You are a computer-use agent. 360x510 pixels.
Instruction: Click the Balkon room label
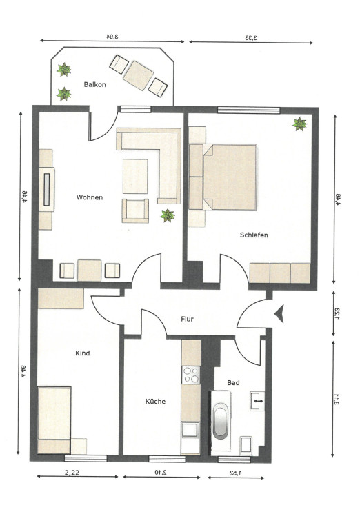[x=95, y=85]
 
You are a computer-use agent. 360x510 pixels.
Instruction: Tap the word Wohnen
[x=90, y=197]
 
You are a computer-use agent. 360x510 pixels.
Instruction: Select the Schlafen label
[x=254, y=235]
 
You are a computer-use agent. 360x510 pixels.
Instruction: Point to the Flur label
[x=187, y=319]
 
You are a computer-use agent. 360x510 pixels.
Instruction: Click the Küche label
[x=155, y=402]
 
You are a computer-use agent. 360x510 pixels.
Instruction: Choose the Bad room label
[x=233, y=383]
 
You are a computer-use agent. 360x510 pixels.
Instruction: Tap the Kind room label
[x=83, y=353]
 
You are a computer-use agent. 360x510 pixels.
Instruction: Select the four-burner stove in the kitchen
[x=191, y=375]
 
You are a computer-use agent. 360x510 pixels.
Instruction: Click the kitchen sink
[x=190, y=430]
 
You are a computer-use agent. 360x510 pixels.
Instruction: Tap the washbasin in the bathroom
[x=257, y=401]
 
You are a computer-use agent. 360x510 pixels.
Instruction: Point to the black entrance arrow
[x=279, y=314]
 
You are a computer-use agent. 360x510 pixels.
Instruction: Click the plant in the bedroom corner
[x=299, y=124]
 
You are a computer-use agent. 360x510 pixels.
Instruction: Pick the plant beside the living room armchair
[x=168, y=215]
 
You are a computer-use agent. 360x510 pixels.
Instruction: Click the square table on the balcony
[x=139, y=75]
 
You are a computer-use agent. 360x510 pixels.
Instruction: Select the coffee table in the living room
[x=135, y=176]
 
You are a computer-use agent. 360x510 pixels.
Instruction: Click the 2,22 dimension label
[x=72, y=472]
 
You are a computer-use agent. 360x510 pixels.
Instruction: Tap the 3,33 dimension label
[x=251, y=37]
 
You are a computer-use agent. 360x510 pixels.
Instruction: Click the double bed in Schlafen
[x=230, y=177]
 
